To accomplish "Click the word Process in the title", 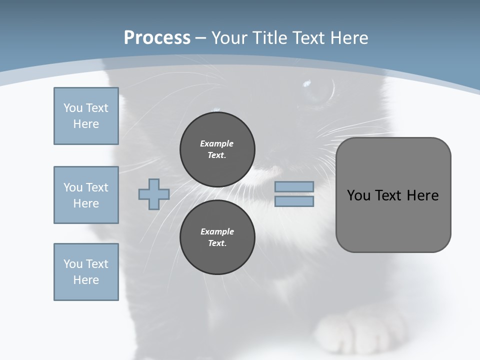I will pyautogui.click(x=157, y=38).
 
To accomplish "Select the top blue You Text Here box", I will pyautogui.click(x=86, y=116).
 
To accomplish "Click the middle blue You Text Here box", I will pyautogui.click(x=86, y=195).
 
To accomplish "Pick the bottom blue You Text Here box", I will pyautogui.click(x=86, y=272).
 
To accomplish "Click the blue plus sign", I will pyautogui.click(x=154, y=194).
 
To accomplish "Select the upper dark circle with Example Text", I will pyautogui.click(x=217, y=149).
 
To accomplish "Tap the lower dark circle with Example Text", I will pyautogui.click(x=217, y=237).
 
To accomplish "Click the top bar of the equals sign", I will pyautogui.click(x=294, y=186).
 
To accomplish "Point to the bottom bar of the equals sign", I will pyautogui.click(x=294, y=201).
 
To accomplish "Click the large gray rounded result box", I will pyautogui.click(x=393, y=220).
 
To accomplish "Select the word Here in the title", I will pyautogui.click(x=349, y=38).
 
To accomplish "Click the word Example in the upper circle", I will pyautogui.click(x=217, y=143).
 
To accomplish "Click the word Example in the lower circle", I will pyautogui.click(x=217, y=231).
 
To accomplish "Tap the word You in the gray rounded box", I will pyautogui.click(x=358, y=195).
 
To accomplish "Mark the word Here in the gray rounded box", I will pyautogui.click(x=422, y=195).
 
